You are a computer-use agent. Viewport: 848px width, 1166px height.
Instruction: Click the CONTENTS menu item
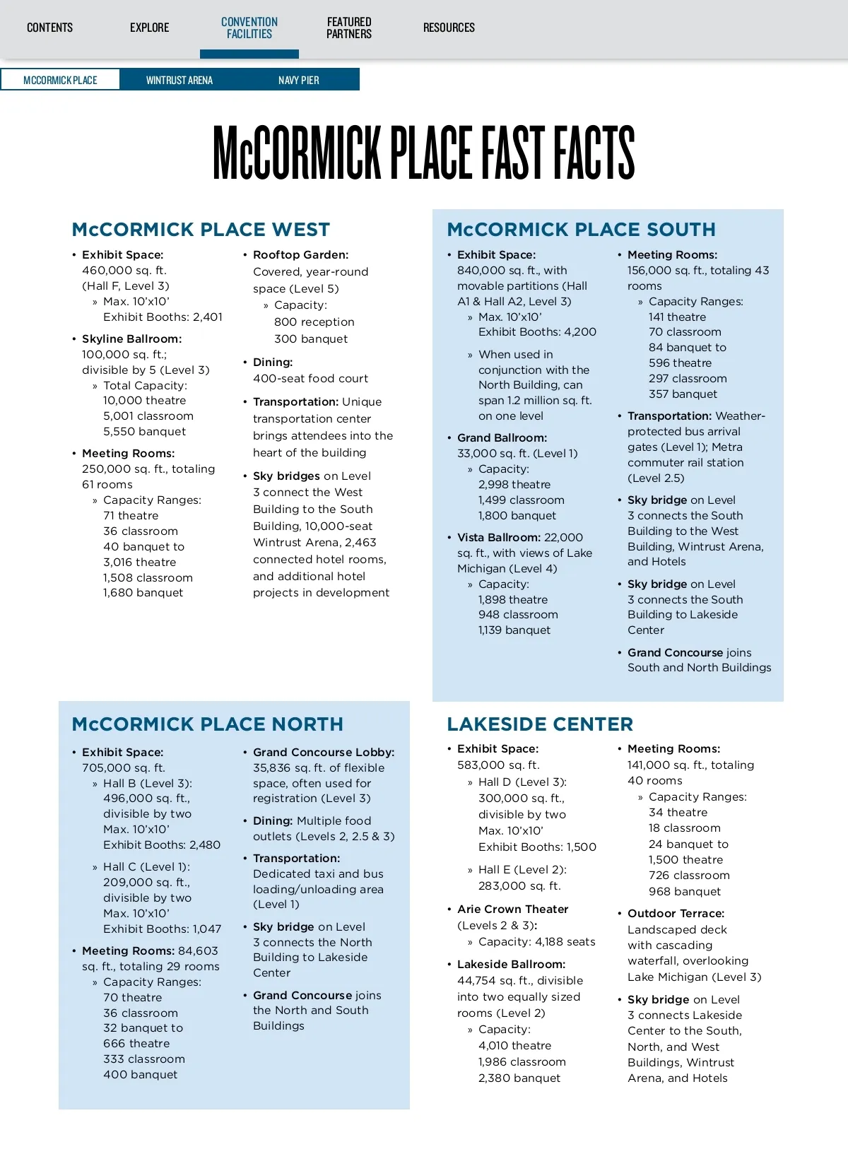click(x=49, y=28)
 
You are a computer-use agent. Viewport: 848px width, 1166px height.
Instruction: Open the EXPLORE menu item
click(x=149, y=28)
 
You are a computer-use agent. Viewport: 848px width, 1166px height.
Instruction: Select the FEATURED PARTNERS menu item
click(x=348, y=28)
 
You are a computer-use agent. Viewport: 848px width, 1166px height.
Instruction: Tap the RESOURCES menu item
click(x=449, y=28)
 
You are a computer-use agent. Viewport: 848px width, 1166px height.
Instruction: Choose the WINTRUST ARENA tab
click(x=179, y=80)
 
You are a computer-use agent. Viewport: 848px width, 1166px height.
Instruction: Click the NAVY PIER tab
click(x=298, y=80)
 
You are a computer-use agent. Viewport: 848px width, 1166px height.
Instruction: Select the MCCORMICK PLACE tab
click(x=60, y=80)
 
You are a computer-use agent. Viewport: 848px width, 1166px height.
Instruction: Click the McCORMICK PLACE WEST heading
click(x=201, y=230)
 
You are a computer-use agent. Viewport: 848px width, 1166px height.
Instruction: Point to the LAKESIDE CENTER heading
click(x=540, y=724)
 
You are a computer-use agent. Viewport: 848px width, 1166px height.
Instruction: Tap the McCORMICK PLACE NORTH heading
click(x=207, y=724)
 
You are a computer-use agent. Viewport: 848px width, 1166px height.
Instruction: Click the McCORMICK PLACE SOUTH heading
click(x=581, y=230)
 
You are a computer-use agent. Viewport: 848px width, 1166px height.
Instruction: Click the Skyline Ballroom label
click(x=131, y=338)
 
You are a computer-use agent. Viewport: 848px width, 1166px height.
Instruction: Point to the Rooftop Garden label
click(x=300, y=254)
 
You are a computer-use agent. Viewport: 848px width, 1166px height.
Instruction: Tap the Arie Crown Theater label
click(x=512, y=909)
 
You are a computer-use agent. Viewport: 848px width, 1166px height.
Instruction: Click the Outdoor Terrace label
click(x=676, y=913)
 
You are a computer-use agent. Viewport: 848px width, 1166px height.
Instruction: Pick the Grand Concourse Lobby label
click(x=324, y=752)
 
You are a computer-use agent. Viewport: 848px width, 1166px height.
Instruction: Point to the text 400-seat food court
click(x=310, y=378)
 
